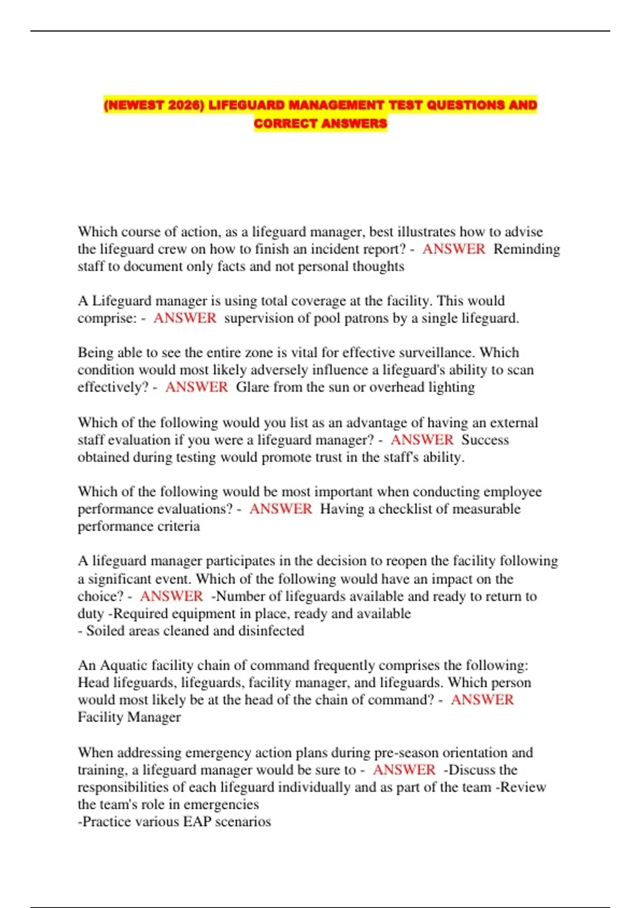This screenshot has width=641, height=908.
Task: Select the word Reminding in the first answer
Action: (526, 249)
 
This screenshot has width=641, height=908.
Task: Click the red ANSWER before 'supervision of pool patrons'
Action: (185, 318)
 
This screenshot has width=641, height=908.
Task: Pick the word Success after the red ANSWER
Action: (485, 440)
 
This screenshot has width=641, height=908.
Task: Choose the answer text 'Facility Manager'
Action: (129, 717)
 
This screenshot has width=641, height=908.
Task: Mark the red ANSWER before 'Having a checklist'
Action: (280, 508)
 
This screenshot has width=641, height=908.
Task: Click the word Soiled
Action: (105, 630)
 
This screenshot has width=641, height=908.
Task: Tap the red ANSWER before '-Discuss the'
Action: (404, 770)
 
